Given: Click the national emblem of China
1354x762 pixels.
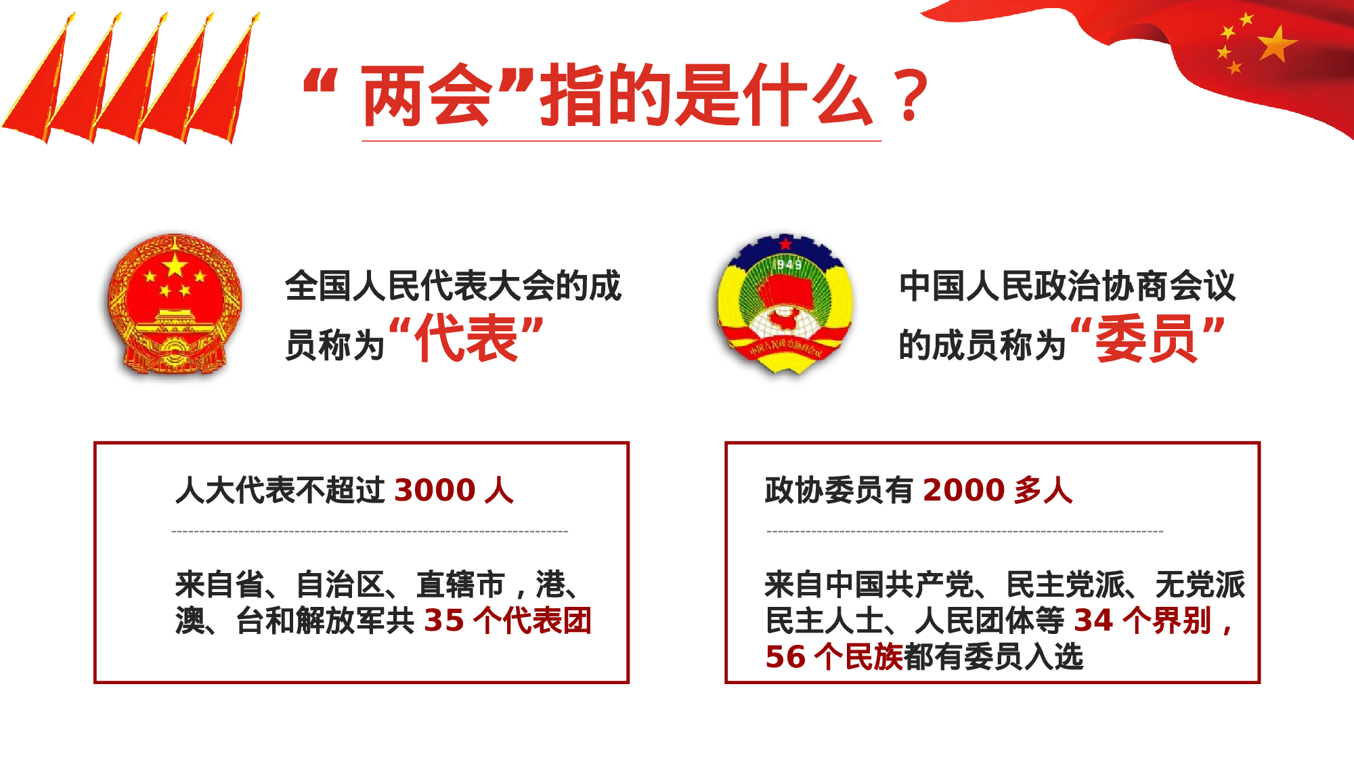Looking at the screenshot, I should [175, 303].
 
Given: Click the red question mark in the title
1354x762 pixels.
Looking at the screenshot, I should [911, 96].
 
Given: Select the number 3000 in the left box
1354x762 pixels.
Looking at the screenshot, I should [435, 490].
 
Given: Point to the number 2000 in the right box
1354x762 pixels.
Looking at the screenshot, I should [963, 490].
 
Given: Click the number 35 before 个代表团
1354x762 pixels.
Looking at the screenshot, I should [444, 620].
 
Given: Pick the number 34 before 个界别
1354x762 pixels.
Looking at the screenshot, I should [1093, 620].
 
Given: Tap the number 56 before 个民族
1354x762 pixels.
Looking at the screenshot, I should [785, 657].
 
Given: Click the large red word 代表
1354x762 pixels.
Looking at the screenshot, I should [466, 339].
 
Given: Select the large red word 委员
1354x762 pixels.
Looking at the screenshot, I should [1146, 339].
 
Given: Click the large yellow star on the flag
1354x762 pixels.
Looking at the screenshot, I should [1277, 44].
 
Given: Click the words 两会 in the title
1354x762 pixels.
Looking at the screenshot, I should [427, 96].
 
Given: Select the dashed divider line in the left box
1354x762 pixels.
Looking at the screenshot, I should [370, 532].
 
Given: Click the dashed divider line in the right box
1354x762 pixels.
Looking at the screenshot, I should [965, 532].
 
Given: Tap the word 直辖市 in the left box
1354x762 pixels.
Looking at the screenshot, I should [460, 585].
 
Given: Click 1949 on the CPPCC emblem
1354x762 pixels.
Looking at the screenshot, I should [789, 264].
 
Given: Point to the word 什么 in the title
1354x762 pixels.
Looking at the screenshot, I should [808, 96].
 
